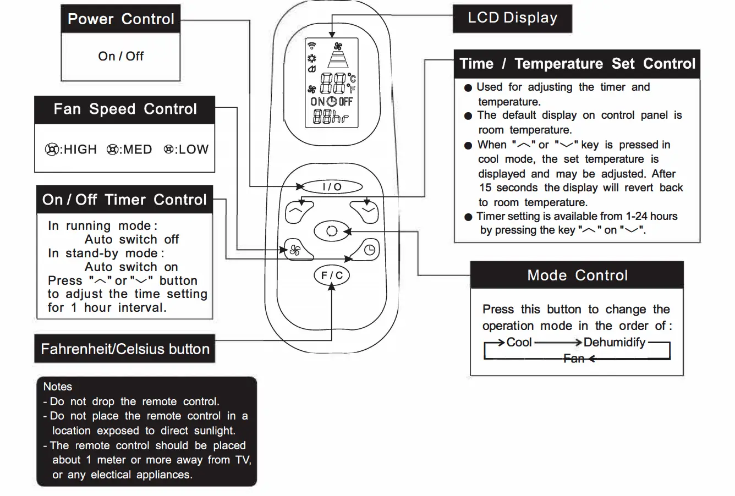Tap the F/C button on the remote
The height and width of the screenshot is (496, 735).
(x=331, y=275)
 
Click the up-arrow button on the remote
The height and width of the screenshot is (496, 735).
(x=299, y=212)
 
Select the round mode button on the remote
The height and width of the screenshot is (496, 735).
(x=331, y=231)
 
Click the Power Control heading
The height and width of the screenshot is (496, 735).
(x=120, y=19)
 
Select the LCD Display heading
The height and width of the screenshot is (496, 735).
(x=512, y=18)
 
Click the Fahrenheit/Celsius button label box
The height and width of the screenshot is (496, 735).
(x=125, y=349)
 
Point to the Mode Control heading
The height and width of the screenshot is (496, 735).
(x=577, y=275)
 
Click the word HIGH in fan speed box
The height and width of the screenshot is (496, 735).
(x=80, y=150)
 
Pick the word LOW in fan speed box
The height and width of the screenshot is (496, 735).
(x=193, y=150)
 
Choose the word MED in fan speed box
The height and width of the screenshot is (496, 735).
(x=137, y=150)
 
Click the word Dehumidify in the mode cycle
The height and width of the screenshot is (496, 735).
(x=614, y=343)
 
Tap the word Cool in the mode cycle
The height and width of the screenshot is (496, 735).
(x=519, y=343)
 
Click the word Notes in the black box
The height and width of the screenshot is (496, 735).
(x=58, y=387)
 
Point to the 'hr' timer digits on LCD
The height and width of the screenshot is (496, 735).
(x=331, y=117)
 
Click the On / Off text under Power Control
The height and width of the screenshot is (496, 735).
(x=120, y=56)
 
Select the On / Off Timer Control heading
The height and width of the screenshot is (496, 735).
(x=124, y=200)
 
